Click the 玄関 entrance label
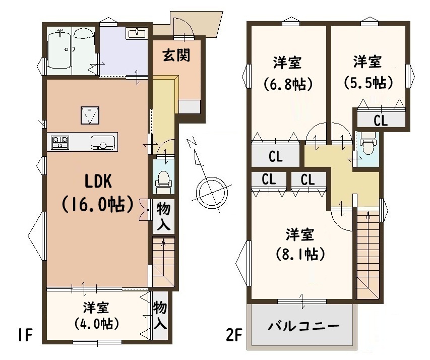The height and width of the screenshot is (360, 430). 176,55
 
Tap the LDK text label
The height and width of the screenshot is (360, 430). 98,182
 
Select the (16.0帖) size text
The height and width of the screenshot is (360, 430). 98,204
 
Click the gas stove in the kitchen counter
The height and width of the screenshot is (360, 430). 60,142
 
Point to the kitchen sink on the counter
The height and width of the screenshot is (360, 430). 103,142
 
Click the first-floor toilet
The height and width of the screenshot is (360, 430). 163,179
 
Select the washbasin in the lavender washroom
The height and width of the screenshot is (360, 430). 137,33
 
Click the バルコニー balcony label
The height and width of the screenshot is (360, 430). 303,326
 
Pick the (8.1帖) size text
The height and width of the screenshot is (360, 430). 300,254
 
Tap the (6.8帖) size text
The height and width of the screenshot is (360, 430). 288,84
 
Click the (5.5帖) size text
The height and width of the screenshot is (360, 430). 368,82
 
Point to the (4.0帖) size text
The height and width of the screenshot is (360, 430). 96,324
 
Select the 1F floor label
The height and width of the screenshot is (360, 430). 26,335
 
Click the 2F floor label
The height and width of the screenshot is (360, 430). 233,335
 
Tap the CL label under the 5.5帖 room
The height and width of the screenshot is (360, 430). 381,120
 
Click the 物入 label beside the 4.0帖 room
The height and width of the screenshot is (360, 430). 160,315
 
